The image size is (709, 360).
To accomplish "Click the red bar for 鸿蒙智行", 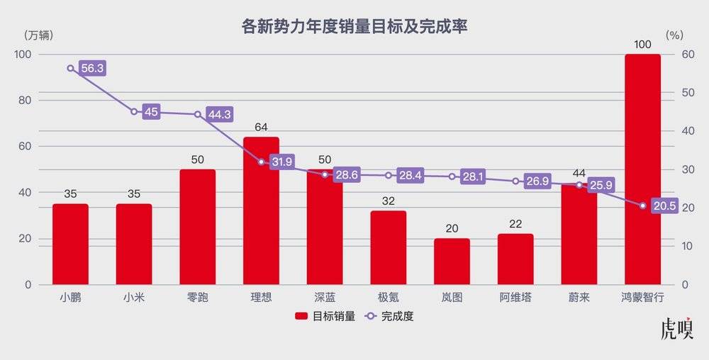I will click(642, 170).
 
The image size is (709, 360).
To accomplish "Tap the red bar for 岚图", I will click(452, 261).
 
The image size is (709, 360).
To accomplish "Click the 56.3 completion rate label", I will click(92, 69).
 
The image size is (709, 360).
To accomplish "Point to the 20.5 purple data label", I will click(664, 206).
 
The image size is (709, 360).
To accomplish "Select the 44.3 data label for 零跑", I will click(219, 114).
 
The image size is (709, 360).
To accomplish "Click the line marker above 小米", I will click(134, 111).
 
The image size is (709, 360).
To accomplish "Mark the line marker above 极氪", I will click(389, 175).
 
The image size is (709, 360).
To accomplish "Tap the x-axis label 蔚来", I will click(579, 298).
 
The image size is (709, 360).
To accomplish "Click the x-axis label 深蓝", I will click(325, 298).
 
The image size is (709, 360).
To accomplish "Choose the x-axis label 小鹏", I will click(70, 298).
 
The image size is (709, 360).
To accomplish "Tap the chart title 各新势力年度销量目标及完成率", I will click(354, 27).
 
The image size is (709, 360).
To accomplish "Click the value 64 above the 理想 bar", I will click(261, 128).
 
